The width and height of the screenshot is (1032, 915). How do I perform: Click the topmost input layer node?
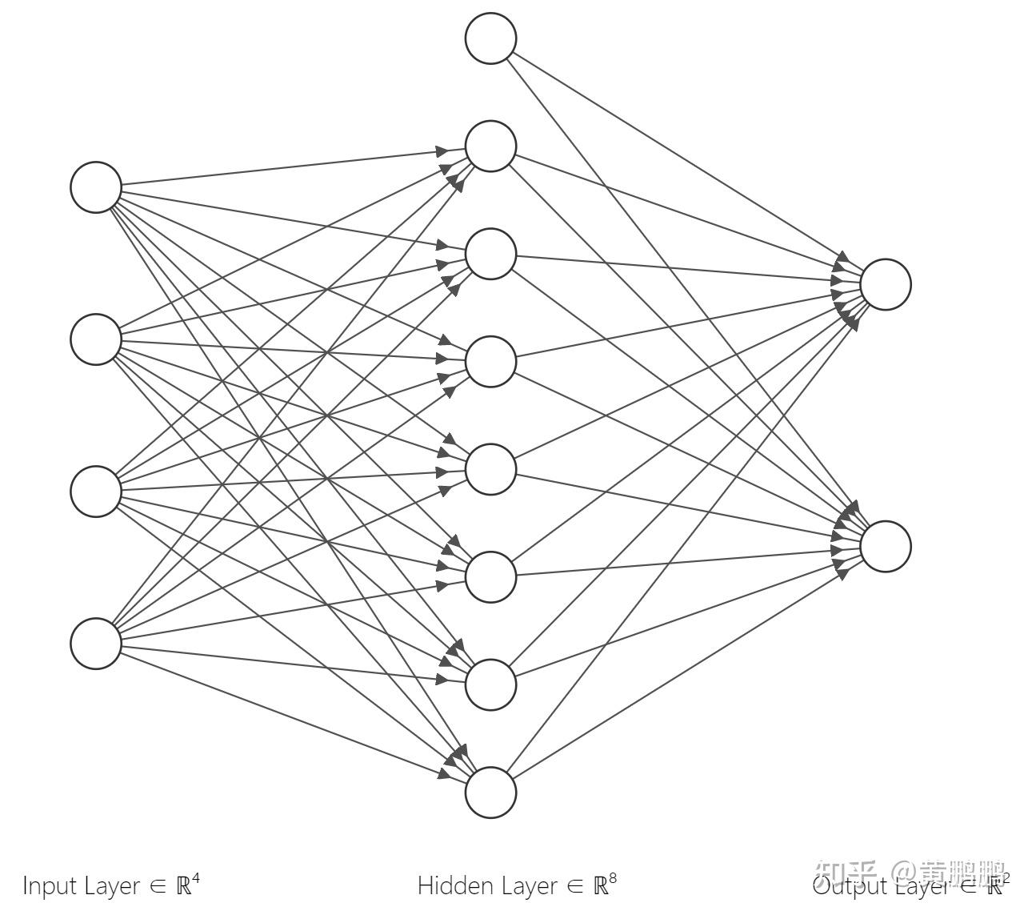click(x=96, y=187)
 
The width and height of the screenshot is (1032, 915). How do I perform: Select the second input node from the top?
click(x=96, y=339)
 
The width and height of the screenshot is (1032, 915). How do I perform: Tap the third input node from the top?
click(x=96, y=491)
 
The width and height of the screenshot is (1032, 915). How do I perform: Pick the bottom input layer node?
click(x=96, y=643)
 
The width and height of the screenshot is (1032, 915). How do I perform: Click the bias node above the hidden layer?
click(x=490, y=38)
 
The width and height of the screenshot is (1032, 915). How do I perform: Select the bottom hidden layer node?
click(x=490, y=793)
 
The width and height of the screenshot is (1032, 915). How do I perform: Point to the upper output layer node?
click(x=886, y=284)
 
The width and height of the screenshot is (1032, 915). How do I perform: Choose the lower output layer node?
click(x=886, y=546)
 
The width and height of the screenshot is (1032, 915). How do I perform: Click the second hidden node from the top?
click(x=490, y=254)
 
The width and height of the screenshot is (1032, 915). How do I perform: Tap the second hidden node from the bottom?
click(x=490, y=684)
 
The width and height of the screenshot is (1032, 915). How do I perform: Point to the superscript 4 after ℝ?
click(x=196, y=879)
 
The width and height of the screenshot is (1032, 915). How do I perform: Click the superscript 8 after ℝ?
click(x=613, y=879)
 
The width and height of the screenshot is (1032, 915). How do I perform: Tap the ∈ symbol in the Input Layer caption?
click(x=158, y=886)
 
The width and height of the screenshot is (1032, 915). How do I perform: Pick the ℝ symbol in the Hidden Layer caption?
click(x=600, y=886)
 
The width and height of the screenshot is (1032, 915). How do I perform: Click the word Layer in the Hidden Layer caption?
click(x=530, y=886)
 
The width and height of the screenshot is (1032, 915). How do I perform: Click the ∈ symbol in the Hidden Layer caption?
click(x=575, y=886)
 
